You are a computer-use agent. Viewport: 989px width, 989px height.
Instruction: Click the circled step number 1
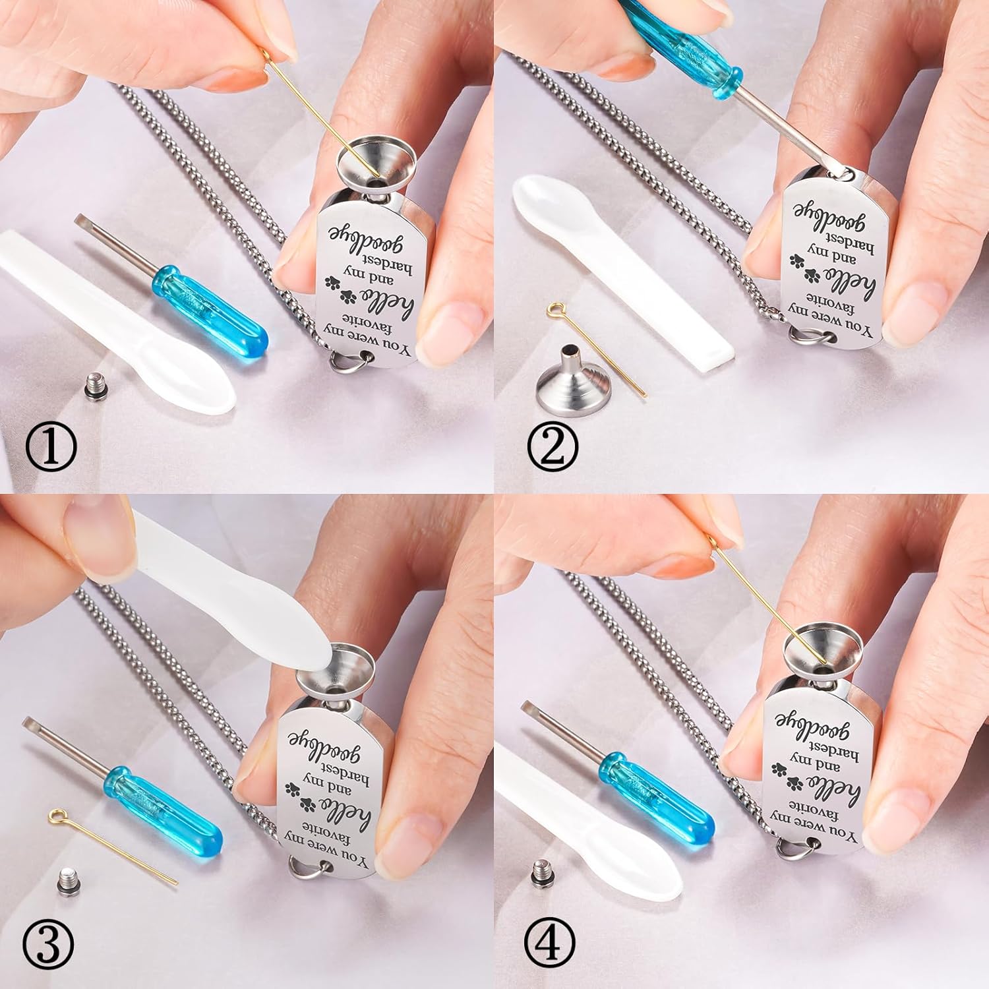pyautogui.click(x=51, y=446)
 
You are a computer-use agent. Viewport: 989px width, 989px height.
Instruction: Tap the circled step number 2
pyautogui.click(x=553, y=446)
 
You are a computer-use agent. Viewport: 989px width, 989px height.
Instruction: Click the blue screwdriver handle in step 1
pyautogui.click(x=210, y=307)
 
